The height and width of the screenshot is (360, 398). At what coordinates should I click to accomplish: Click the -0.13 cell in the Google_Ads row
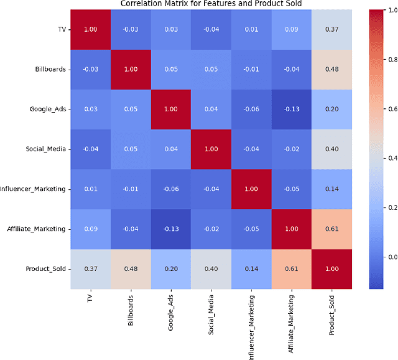(291, 109)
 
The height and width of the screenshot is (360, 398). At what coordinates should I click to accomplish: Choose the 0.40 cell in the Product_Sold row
(211, 269)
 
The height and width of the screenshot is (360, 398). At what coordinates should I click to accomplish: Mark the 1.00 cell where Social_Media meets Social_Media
(211, 149)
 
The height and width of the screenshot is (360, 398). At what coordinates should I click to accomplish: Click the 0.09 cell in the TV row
(291, 29)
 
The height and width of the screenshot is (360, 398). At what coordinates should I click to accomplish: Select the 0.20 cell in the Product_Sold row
(171, 269)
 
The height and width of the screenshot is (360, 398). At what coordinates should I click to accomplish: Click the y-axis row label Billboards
(50, 69)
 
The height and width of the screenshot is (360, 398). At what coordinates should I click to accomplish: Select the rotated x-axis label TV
(91, 298)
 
